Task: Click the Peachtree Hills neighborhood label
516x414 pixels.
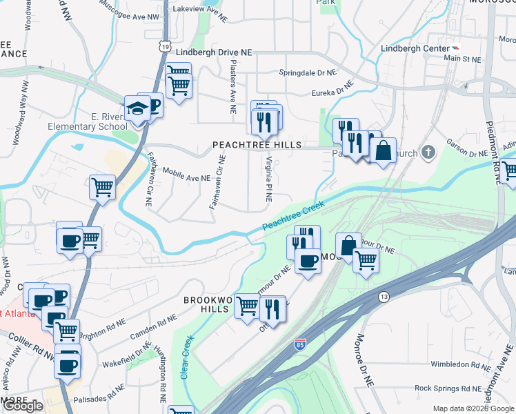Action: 257,145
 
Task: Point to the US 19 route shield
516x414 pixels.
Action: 163,45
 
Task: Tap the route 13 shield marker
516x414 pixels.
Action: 383,296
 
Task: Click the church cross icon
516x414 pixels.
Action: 428,151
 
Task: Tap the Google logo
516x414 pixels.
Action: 23,406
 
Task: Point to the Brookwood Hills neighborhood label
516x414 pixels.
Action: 206,304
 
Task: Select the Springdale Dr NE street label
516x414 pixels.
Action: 307,72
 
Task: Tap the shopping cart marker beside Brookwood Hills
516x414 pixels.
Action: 247,306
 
